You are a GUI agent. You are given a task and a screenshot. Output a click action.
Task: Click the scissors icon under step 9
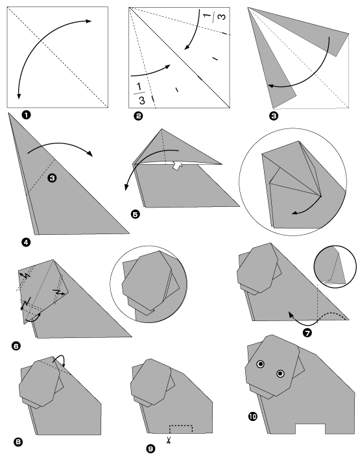(167, 441)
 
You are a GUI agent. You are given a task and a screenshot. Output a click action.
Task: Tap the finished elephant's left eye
(260, 364)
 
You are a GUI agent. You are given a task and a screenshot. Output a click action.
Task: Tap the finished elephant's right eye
(280, 373)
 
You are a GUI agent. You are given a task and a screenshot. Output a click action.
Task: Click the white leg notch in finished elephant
(309, 430)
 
